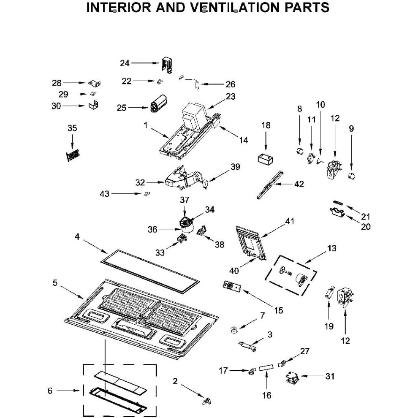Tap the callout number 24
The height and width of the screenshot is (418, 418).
click(125, 63)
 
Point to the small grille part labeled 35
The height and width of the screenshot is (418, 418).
click(73, 155)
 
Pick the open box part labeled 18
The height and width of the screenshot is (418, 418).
click(266, 159)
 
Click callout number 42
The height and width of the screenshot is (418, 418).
click(299, 184)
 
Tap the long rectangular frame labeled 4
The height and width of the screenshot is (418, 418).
click(151, 271)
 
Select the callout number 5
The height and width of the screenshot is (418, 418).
click(55, 283)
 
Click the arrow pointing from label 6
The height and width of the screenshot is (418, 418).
click(68, 391)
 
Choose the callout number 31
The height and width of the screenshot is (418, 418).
click(330, 376)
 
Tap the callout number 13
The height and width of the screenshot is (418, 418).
click(331, 248)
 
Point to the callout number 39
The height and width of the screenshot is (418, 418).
click(235, 167)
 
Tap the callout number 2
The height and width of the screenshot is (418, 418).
click(175, 381)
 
